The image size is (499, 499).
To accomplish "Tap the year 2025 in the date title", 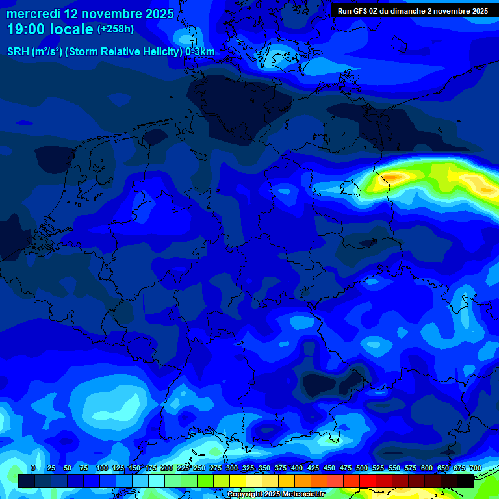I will coord(158,14).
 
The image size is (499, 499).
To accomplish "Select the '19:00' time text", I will coord(27,29).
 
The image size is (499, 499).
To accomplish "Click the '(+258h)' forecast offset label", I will coord(116,29).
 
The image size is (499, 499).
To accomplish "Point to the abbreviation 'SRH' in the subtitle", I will coord(18,52).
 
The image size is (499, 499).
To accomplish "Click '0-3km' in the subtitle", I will coord(200,52).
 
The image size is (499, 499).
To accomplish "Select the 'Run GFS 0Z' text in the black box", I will coord(361,11).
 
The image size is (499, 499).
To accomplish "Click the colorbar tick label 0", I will coord(33,468).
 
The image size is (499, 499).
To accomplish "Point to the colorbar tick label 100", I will coord(101,468).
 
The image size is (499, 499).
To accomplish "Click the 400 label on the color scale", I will coord(297,468).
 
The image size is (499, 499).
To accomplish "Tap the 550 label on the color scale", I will coord(394,468).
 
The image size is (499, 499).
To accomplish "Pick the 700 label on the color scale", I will coord(475,468).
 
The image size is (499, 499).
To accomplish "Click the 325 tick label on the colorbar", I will coord(248,468).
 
